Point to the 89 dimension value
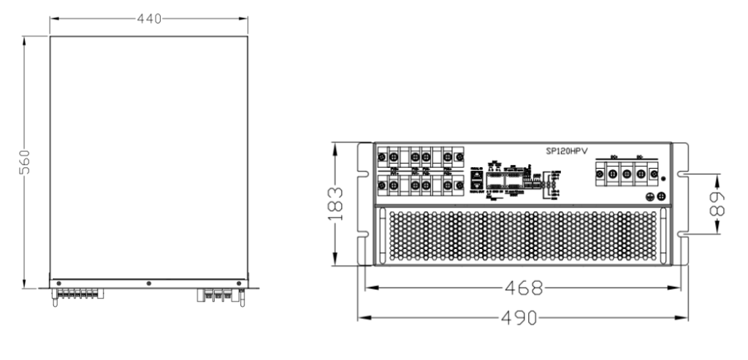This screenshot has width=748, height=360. (x=720, y=204)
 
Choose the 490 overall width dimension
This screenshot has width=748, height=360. (x=522, y=318)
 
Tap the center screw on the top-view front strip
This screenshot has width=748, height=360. (x=148, y=283)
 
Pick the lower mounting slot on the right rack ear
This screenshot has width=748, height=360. (x=682, y=234)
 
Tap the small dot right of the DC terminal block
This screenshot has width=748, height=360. (x=663, y=177)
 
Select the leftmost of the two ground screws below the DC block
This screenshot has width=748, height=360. (x=652, y=196)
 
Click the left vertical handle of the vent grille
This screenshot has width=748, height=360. (x=381, y=235)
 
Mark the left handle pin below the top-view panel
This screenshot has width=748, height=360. (x=55, y=299)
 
